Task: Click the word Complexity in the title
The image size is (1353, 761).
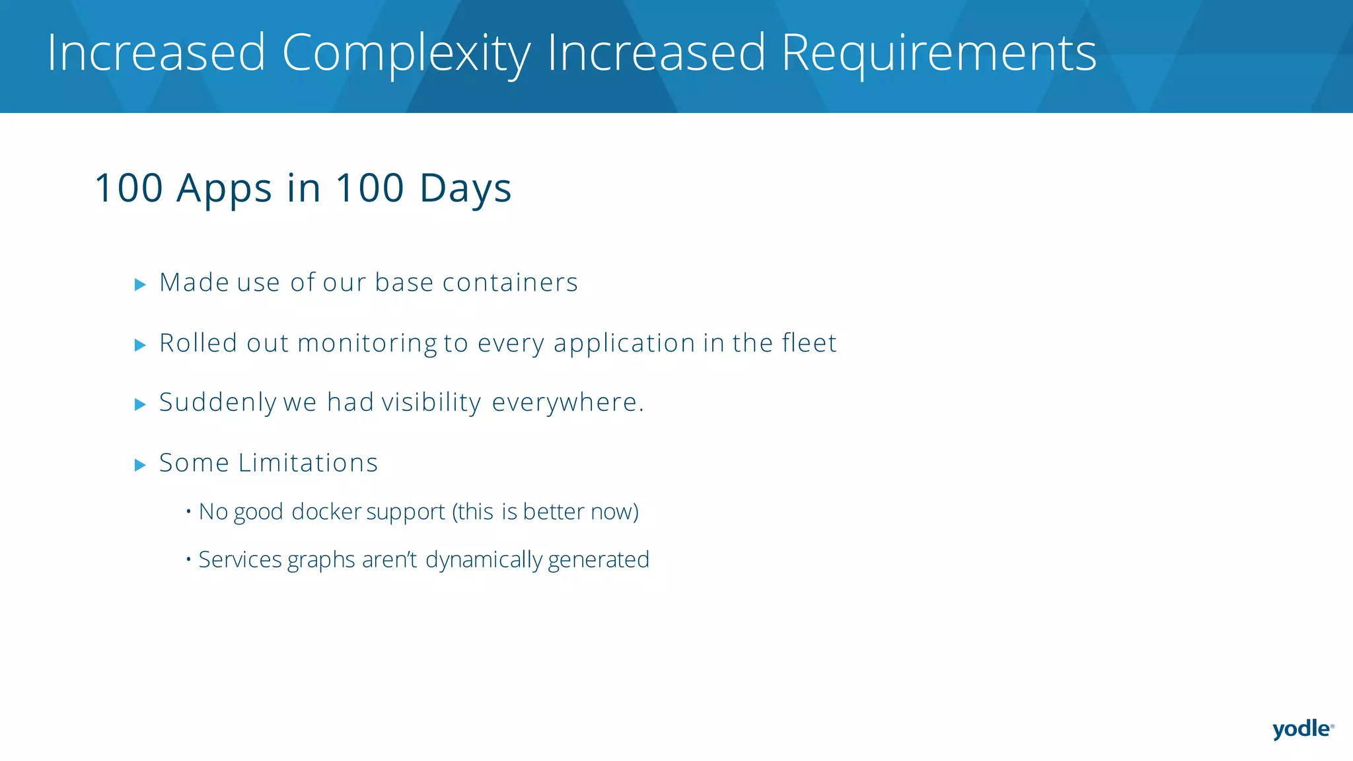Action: point(406,53)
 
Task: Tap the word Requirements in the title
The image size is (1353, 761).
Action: point(939,53)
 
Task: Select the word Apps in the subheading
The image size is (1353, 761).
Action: point(224,188)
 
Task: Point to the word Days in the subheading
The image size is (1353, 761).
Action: point(465,188)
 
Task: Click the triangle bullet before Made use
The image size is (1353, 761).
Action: point(140,285)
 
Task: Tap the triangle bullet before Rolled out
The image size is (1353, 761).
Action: point(140,345)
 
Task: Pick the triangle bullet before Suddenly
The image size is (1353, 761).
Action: point(140,404)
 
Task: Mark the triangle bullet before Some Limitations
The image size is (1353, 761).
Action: point(140,465)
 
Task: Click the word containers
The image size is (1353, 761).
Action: point(510,283)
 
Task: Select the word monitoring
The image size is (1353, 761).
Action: point(367,344)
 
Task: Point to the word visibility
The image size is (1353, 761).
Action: point(431,403)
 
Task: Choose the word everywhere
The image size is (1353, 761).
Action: point(567,403)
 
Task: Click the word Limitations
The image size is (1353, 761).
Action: point(308,463)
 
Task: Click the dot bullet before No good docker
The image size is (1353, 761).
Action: point(188,511)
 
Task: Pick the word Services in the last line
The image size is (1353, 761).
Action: point(240,560)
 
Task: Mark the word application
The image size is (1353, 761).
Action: point(624,344)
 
